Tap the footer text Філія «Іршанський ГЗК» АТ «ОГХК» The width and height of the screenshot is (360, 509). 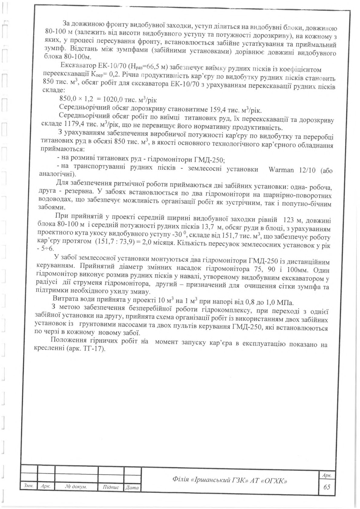(229, 480)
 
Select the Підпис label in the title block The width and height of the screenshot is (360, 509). (111, 488)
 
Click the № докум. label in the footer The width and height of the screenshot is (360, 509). (76, 487)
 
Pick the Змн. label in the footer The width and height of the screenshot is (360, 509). (28, 486)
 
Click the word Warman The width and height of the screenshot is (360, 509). (281, 170)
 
